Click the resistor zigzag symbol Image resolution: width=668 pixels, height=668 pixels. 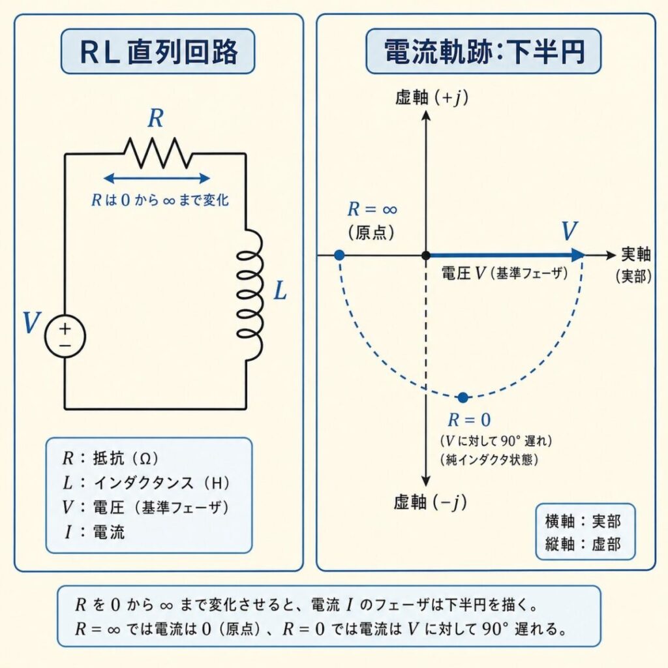click(159, 153)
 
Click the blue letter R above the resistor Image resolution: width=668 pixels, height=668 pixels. click(155, 119)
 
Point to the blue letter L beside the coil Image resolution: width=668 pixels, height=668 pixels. click(279, 291)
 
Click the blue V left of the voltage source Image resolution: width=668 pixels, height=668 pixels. click(30, 324)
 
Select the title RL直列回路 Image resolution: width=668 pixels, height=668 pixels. click(157, 53)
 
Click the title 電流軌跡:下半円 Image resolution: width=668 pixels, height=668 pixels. click(483, 53)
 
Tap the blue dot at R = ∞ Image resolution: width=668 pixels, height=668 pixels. click(339, 255)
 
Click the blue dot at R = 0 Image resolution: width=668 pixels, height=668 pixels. click(463, 397)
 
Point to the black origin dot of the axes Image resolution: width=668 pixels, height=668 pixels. click(425, 255)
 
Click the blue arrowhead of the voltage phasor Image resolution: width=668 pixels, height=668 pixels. click(577, 255)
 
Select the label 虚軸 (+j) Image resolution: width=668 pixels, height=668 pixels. click(432, 98)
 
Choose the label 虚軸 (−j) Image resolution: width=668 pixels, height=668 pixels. click(431, 502)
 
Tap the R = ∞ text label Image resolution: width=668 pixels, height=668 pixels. click(372, 210)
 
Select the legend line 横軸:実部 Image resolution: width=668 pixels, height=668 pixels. click(583, 521)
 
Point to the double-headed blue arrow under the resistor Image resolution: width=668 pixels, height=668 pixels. click(157, 178)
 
